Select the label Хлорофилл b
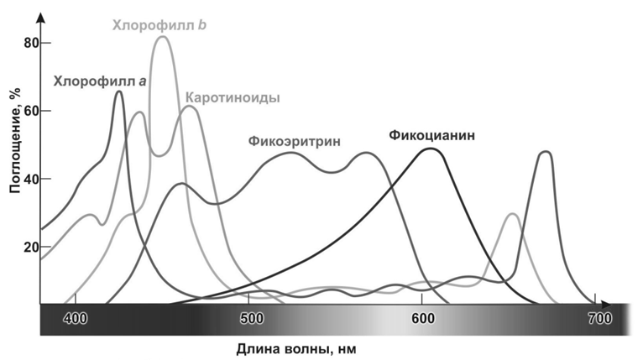tap(160, 25)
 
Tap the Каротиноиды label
tap(233, 97)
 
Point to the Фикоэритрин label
tap(295, 141)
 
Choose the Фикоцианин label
tap(431, 134)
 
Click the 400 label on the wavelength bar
tap(76, 319)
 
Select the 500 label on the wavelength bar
tap(251, 319)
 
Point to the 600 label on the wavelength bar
tap(423, 319)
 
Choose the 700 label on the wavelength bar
tap(599, 319)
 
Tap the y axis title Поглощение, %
tap(14, 143)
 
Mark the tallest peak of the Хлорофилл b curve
tap(162, 37)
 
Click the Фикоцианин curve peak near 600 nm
tap(431, 149)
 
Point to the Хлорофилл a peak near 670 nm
tap(546, 152)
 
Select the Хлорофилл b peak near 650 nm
tap(511, 214)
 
